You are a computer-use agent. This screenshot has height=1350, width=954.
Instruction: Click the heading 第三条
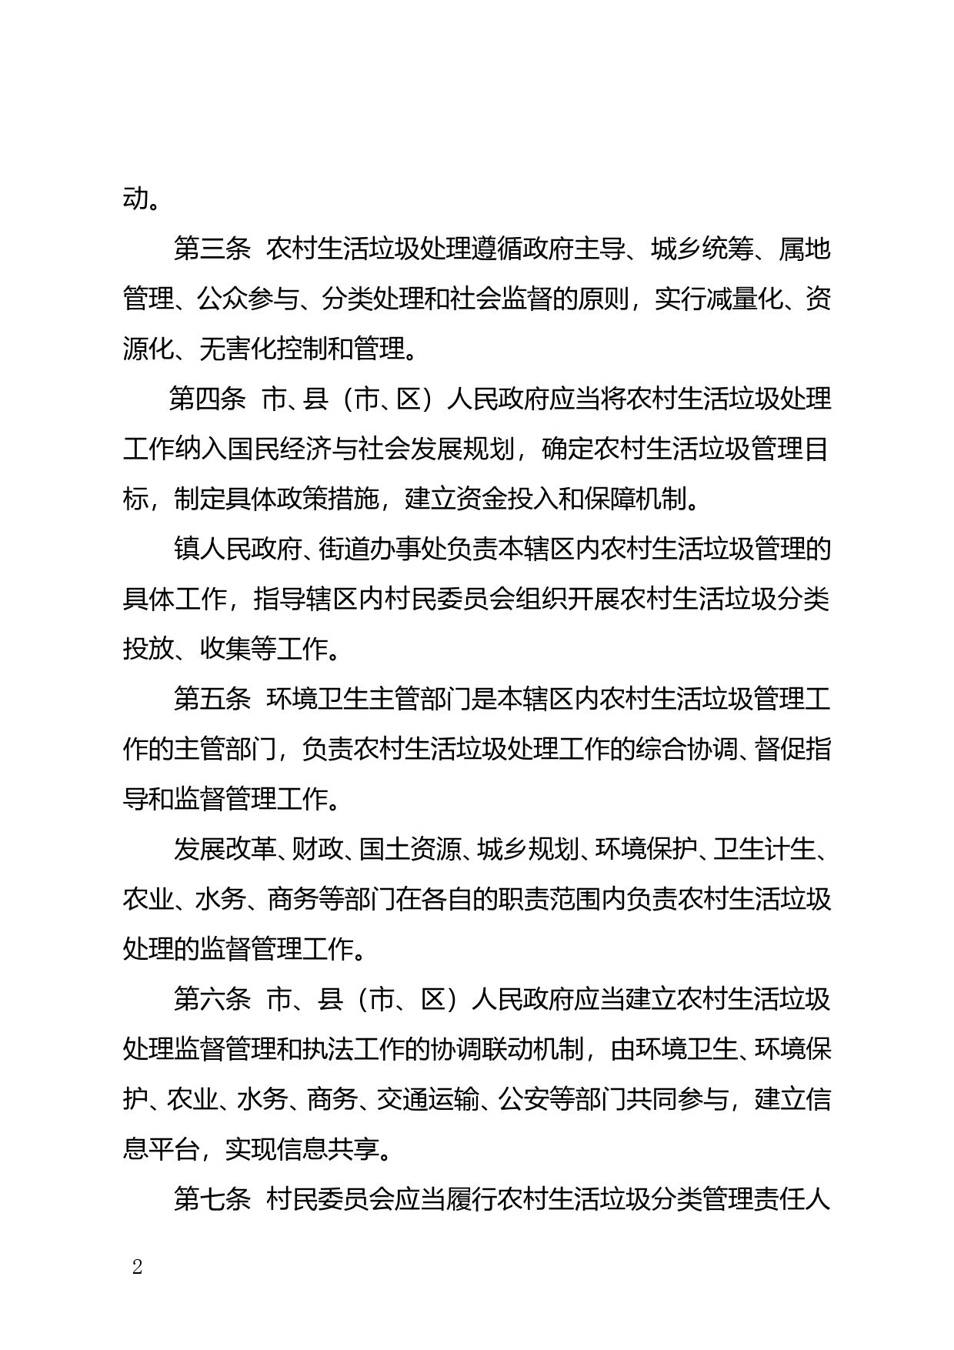click(212, 249)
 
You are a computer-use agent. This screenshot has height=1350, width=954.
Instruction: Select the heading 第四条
click(207, 399)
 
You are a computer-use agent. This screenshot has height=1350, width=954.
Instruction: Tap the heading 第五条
click(212, 700)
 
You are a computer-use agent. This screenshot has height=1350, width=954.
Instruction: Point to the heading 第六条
click(212, 1000)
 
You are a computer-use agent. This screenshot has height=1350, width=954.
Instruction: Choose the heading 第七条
click(212, 1200)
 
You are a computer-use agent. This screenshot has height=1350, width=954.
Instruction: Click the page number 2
click(138, 1267)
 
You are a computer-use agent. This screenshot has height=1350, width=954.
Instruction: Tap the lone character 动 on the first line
click(135, 199)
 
